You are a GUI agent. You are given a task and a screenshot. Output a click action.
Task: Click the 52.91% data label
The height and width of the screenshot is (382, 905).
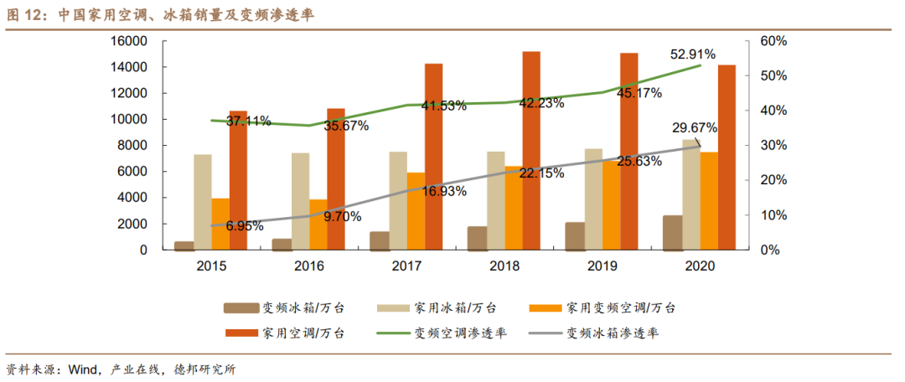pyautogui.click(x=692, y=54)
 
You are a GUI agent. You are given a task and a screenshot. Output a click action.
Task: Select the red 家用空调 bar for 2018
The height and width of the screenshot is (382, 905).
pyautogui.click(x=531, y=151)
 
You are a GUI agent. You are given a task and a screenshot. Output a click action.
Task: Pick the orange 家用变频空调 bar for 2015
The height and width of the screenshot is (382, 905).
pyautogui.click(x=220, y=224)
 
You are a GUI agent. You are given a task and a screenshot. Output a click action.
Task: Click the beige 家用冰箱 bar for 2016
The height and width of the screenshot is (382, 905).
pyautogui.click(x=301, y=201)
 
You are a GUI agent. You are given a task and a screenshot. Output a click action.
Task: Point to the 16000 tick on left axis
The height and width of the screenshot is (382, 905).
pyautogui.click(x=129, y=41)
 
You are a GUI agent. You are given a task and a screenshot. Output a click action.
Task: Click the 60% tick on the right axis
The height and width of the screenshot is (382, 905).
pyautogui.click(x=773, y=41)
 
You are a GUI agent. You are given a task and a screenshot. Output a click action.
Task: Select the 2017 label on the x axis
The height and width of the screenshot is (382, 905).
pyautogui.click(x=406, y=266)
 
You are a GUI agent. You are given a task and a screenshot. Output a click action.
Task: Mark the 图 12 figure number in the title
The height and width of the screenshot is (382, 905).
pyautogui.click(x=24, y=15)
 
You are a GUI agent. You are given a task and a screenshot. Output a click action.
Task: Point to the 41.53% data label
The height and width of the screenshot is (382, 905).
pyautogui.click(x=443, y=106)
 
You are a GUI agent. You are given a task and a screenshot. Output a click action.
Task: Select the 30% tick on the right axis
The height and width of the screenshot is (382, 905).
pyautogui.click(x=773, y=146)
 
